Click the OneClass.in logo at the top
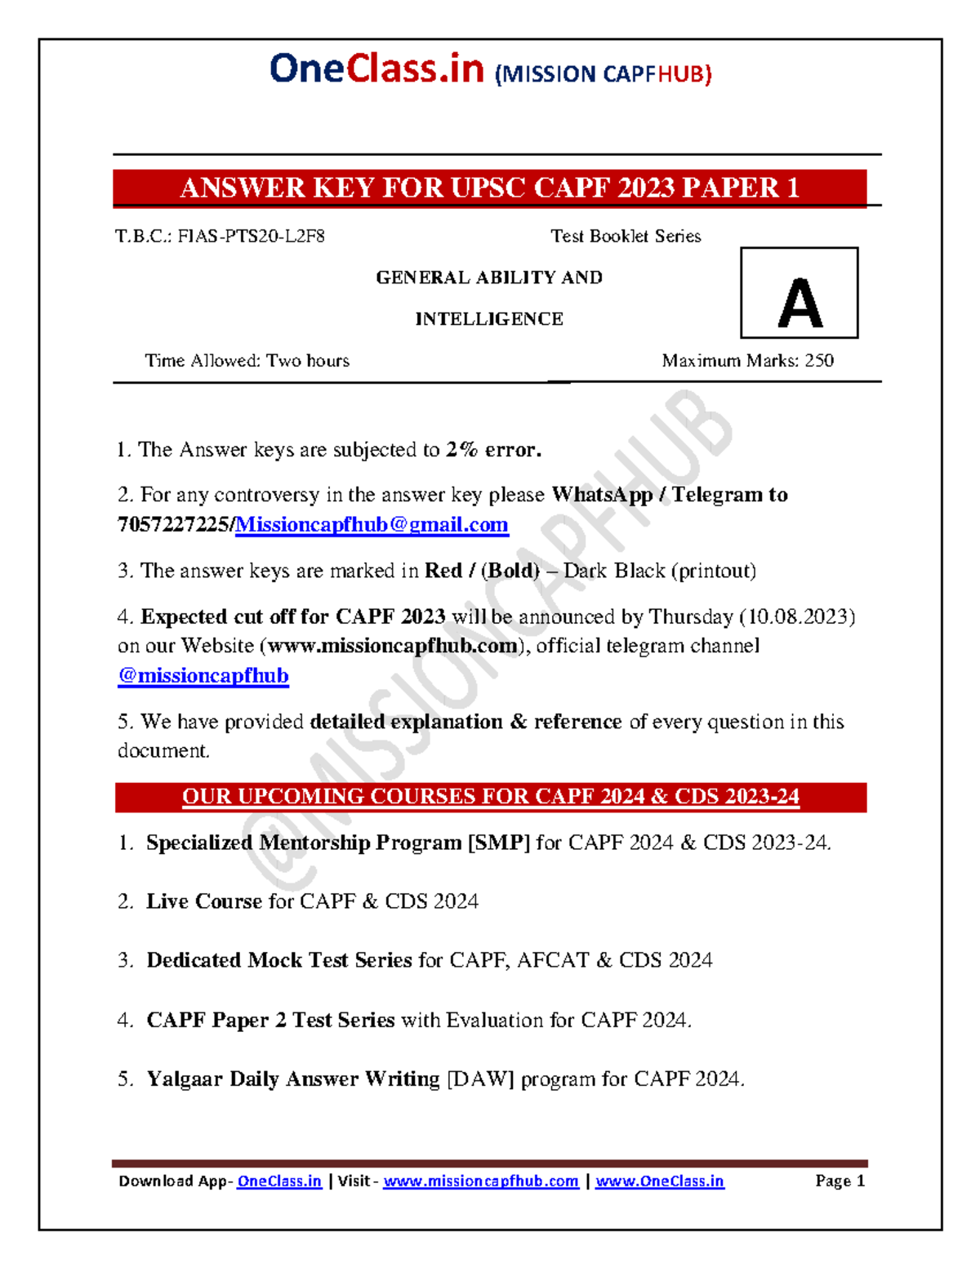tap(376, 69)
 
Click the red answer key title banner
tap(489, 189)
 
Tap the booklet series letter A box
tap(799, 293)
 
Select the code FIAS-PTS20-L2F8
tap(252, 237)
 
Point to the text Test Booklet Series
tap(626, 237)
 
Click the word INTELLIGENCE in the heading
tap(489, 319)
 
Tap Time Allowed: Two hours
tap(247, 361)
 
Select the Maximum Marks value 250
tap(819, 361)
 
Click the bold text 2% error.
tap(493, 450)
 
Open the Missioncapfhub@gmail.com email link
tap(372, 525)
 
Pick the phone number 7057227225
tap(173, 525)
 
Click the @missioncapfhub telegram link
tap(203, 676)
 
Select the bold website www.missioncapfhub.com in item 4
tap(393, 646)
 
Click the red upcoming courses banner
tap(490, 797)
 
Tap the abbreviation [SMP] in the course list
tap(498, 843)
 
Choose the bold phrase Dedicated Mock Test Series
tap(279, 960)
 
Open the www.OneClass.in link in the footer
tap(659, 1181)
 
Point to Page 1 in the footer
tap(840, 1181)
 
